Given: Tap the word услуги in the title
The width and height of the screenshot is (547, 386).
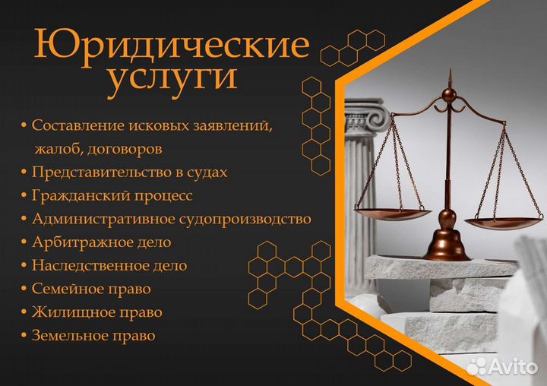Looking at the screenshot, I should pos(172,78).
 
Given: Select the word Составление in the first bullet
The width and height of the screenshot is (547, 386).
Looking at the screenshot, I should pos(75,125).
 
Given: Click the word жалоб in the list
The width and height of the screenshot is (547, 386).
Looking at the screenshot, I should pos(54,148).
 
